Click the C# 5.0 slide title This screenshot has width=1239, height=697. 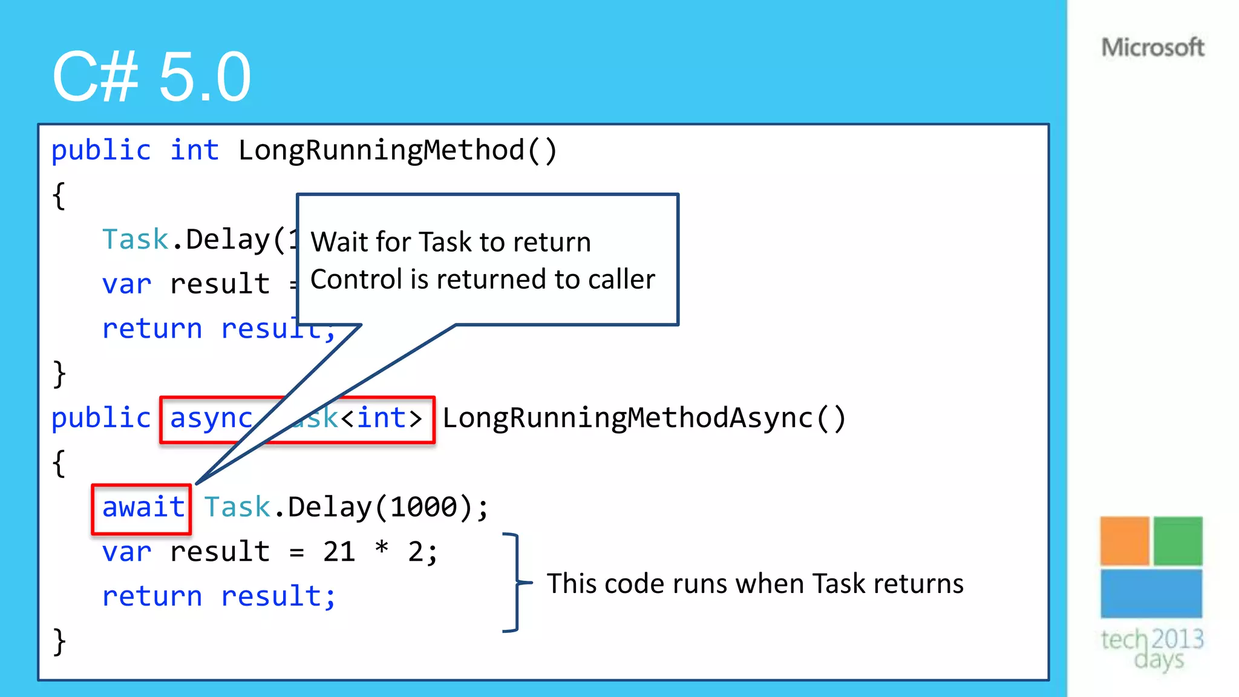click(x=151, y=77)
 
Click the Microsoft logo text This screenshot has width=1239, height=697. click(x=1152, y=47)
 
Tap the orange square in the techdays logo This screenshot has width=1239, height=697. click(x=1124, y=540)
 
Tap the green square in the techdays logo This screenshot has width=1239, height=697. click(x=1177, y=540)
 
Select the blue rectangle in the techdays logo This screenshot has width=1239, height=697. click(x=1151, y=593)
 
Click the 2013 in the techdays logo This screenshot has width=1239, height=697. click(x=1177, y=639)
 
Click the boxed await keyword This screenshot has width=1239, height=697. click(x=143, y=507)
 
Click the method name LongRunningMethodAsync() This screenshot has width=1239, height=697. click(x=644, y=418)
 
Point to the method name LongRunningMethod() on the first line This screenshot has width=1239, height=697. click(x=397, y=150)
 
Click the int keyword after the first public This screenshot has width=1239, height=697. click(x=194, y=150)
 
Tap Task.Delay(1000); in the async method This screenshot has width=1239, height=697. click(x=346, y=507)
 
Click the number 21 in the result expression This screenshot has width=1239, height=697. click(x=339, y=552)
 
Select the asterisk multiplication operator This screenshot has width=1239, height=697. click(x=382, y=548)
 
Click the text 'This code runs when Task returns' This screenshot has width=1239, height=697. click(x=754, y=584)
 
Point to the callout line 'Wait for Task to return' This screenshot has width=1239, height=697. click(x=451, y=242)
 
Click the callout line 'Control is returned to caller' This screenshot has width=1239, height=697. click(x=482, y=280)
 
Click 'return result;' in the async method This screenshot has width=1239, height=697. click(x=218, y=597)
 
